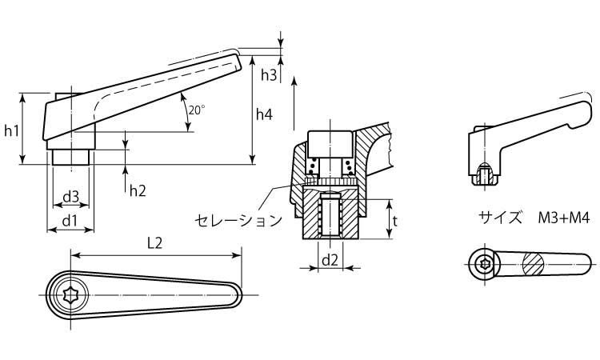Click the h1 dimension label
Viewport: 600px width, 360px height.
11,131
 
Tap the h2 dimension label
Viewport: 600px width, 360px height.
138,190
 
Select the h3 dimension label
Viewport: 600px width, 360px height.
269,75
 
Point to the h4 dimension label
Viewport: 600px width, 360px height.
264,114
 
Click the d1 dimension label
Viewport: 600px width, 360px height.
70,221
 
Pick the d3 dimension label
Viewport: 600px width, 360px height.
70,197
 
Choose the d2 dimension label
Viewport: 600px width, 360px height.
330,260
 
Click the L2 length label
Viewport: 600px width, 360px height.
155,243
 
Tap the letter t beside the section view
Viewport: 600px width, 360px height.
395,220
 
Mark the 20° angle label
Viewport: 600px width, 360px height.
197,110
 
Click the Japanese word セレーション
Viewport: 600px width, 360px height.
238,220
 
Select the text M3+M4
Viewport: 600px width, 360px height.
564,218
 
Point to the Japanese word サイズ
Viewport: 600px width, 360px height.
500,218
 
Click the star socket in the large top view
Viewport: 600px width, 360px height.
71,295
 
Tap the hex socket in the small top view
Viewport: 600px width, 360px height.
484,264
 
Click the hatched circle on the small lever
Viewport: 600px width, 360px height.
534,263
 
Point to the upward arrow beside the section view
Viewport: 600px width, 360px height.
294,103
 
